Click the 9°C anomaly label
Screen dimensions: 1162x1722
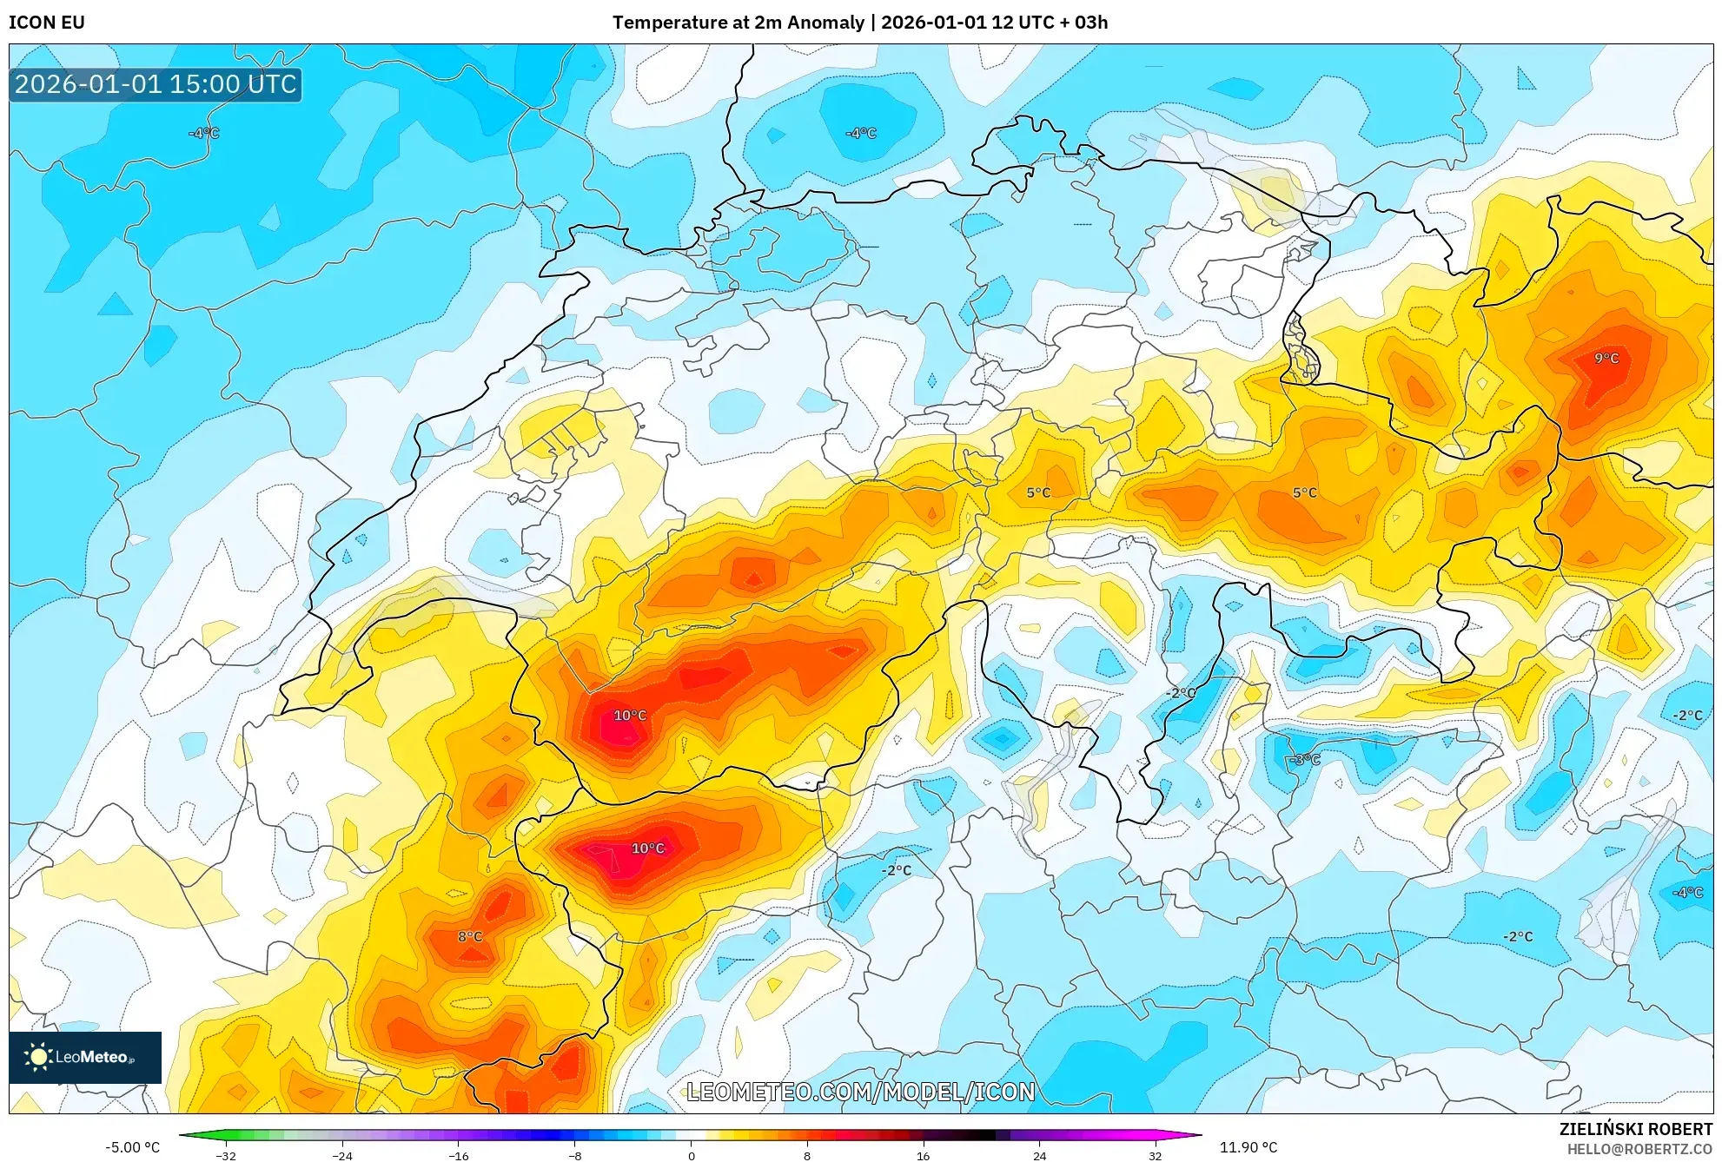(1606, 358)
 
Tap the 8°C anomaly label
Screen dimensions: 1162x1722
(470, 936)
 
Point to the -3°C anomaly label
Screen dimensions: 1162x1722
(1304, 760)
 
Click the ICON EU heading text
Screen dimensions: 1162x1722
(47, 23)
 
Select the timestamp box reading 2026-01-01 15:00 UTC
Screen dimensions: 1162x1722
(156, 84)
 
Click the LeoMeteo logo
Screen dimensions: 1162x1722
(85, 1057)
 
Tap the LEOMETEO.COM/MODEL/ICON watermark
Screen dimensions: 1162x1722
(860, 1092)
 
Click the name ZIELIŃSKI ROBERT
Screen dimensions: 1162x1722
(1635, 1129)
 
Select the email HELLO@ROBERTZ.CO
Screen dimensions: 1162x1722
(1639, 1149)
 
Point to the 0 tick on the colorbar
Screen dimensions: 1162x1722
(691, 1155)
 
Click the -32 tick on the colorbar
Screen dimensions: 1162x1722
(226, 1155)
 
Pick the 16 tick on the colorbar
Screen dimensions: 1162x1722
(923, 1155)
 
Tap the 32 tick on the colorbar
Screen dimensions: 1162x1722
(1155, 1155)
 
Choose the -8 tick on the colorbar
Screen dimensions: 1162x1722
(574, 1155)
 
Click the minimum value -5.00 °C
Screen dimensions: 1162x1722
(133, 1147)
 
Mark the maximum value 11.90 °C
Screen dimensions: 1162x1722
(1248, 1147)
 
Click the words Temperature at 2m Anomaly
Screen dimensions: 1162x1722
(738, 23)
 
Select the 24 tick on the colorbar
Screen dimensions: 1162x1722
(1039, 1155)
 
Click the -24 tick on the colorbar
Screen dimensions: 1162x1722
(342, 1155)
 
